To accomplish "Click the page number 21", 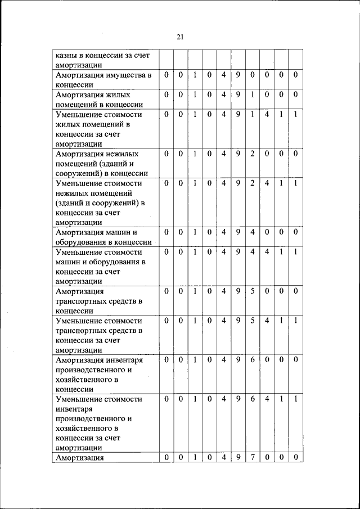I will (x=180, y=37).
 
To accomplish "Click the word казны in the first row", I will (x=66, y=55).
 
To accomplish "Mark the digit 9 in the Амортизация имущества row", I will (x=238, y=75).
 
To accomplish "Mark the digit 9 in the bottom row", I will (x=238, y=457).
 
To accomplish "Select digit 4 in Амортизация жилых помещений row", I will (x=223, y=94).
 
